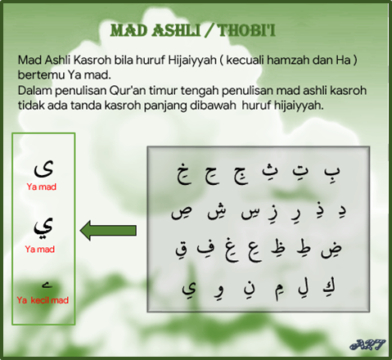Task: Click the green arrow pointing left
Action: (x=108, y=231)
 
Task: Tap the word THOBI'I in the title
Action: (x=246, y=30)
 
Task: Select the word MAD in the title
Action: (x=128, y=30)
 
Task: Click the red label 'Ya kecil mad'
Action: (x=43, y=300)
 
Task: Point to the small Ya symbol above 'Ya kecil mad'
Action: (x=47, y=286)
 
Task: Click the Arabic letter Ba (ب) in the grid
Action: (x=332, y=172)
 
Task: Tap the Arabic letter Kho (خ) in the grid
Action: (x=184, y=173)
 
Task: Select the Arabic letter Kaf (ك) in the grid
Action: (x=329, y=287)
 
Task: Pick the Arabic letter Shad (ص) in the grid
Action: (x=182, y=213)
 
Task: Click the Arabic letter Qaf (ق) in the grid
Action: (x=182, y=250)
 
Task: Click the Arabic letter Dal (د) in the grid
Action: (x=341, y=212)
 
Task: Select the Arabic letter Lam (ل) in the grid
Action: (x=304, y=289)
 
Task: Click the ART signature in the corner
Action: (x=367, y=344)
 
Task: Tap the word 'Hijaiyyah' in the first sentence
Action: (x=192, y=60)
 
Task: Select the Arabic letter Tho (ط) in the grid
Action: (x=304, y=248)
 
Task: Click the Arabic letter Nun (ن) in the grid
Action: (x=250, y=290)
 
